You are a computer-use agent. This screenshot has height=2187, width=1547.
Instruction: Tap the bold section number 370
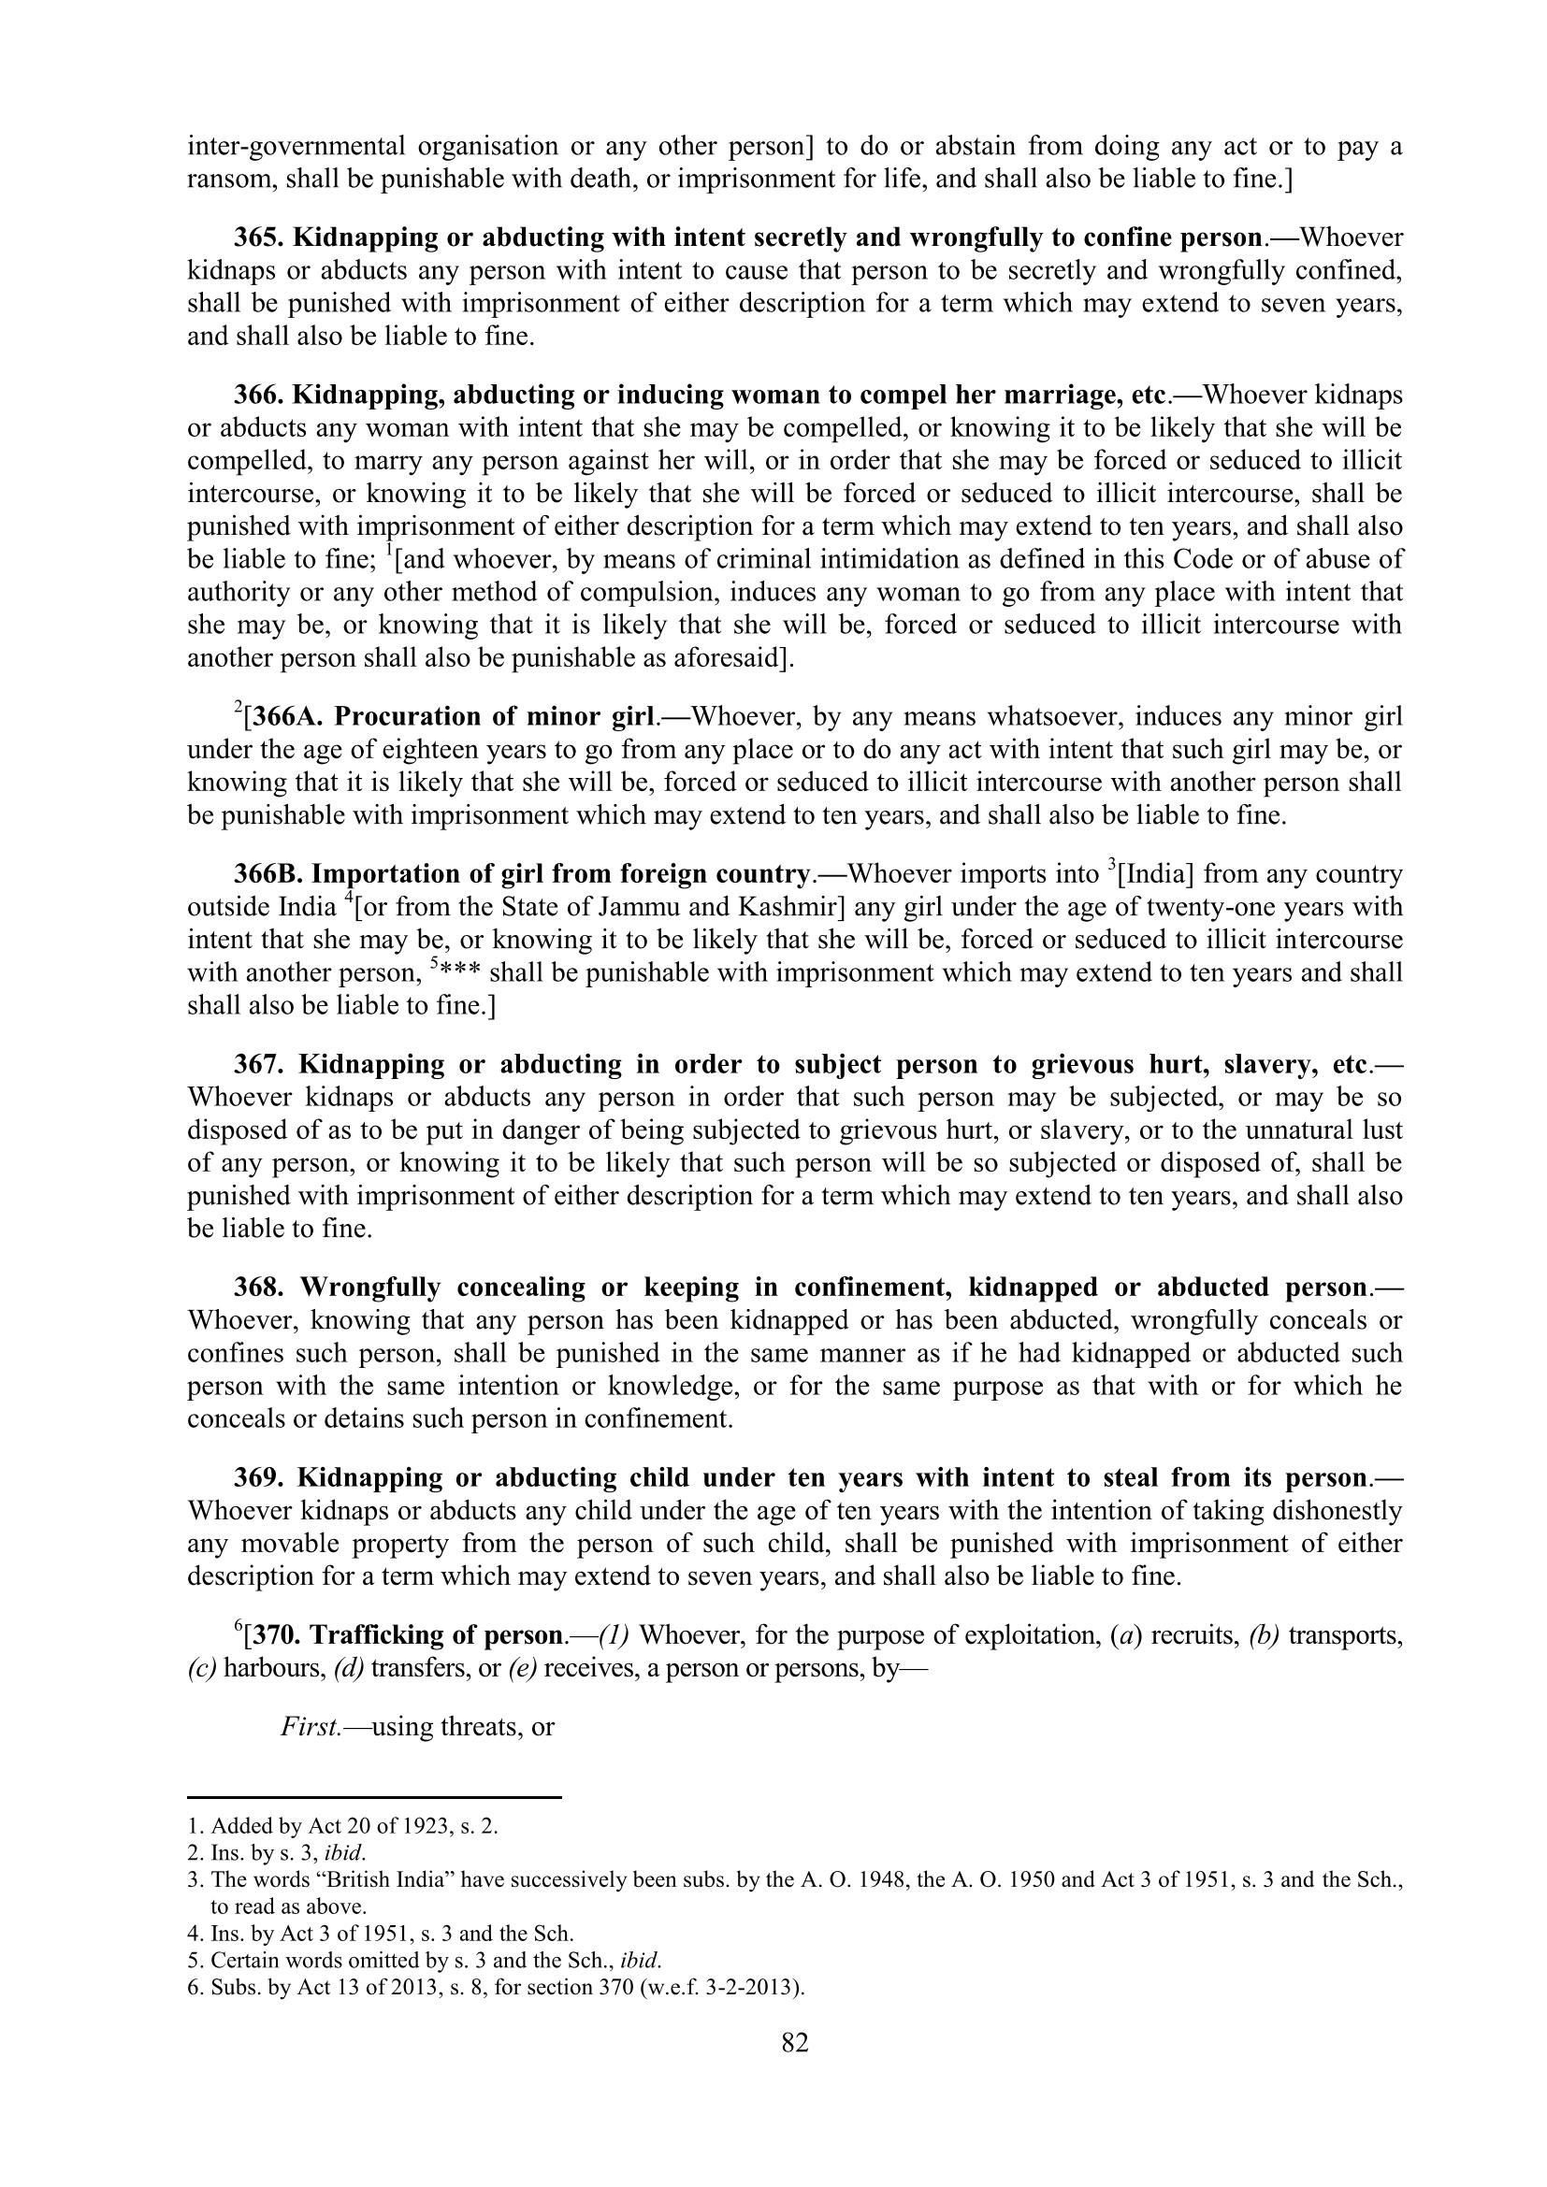point(277,1635)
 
